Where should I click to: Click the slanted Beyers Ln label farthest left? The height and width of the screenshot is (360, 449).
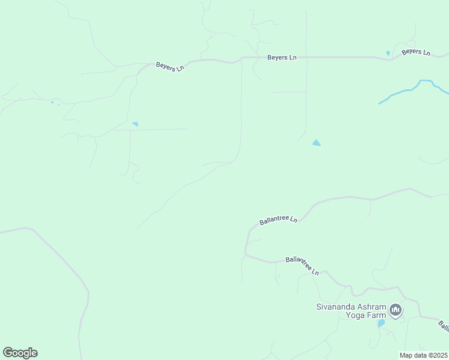click(169, 67)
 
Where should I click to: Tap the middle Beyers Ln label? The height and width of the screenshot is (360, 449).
click(282, 58)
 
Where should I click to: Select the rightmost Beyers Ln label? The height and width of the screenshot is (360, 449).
click(416, 52)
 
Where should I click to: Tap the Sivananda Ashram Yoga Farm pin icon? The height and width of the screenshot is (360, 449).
click(395, 310)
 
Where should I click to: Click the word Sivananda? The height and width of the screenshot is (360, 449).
click(337, 307)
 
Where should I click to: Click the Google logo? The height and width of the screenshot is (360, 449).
click(20, 353)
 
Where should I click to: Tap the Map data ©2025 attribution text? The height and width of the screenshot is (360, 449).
click(423, 355)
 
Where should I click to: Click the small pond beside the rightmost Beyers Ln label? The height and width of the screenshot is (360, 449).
click(388, 53)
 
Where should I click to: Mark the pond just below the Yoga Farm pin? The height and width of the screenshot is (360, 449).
click(381, 323)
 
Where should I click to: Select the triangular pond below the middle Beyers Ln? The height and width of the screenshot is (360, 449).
click(316, 143)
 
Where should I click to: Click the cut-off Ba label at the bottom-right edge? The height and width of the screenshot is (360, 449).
click(444, 326)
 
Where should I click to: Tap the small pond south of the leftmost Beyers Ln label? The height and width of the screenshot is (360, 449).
click(135, 124)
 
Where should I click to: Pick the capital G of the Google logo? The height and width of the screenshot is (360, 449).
click(8, 353)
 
